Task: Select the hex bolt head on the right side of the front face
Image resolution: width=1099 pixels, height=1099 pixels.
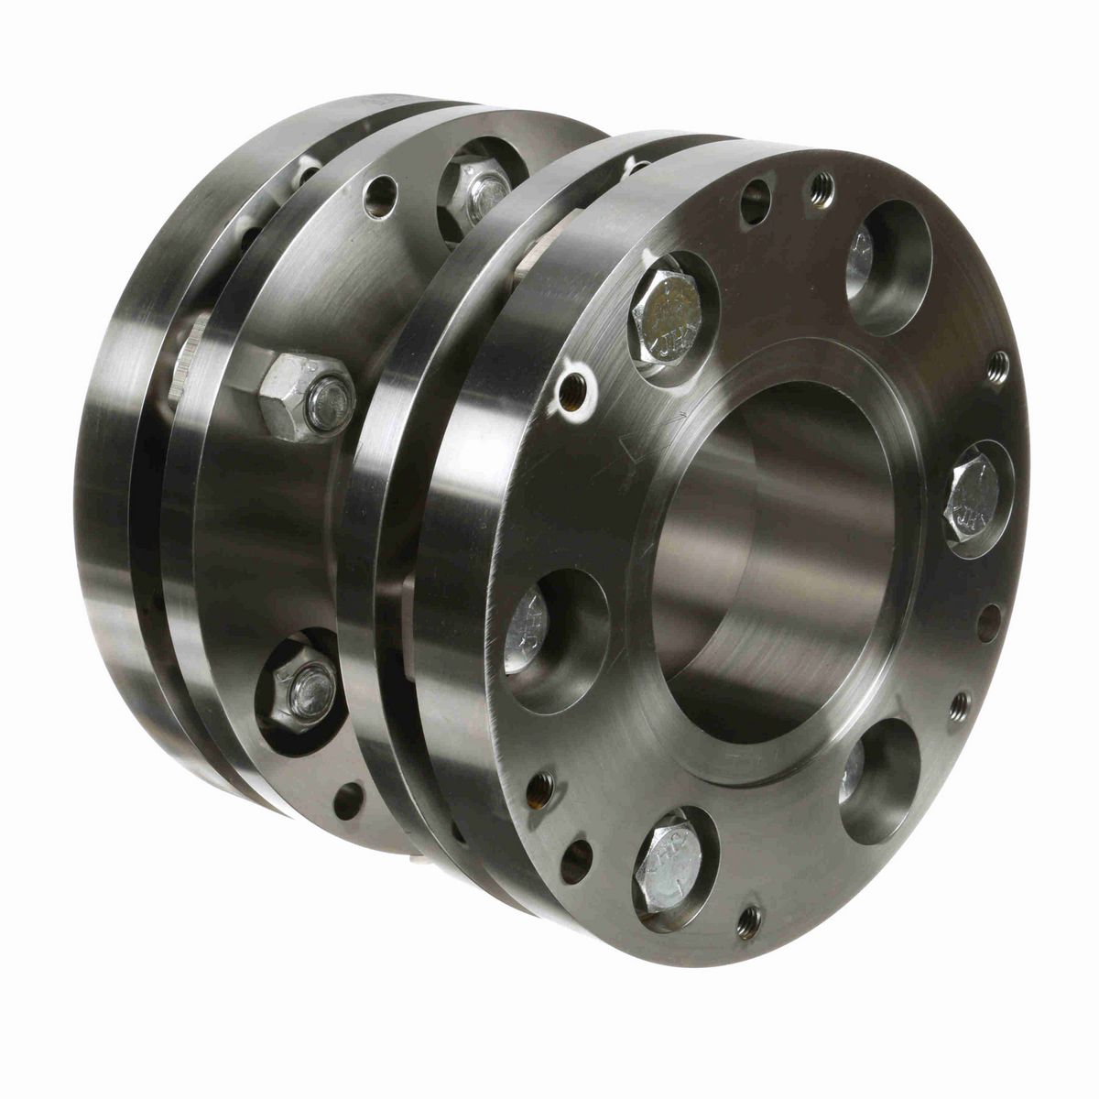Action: pos(974,499)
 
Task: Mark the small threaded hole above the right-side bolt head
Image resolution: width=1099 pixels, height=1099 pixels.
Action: pos(998,368)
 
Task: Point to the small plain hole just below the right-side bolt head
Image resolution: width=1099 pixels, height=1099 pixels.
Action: pos(988,623)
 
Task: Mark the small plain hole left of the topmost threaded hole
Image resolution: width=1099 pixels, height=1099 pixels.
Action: pos(755,201)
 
